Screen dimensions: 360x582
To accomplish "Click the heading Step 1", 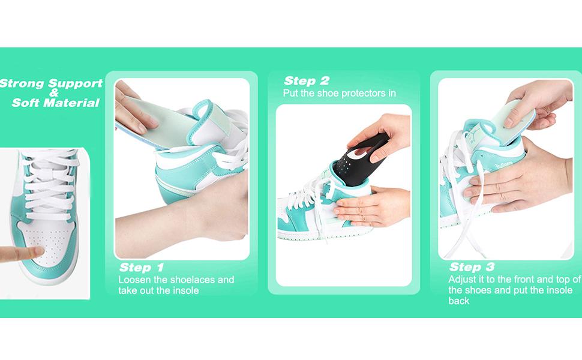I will [x=142, y=268].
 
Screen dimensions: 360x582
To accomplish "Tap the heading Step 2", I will [x=307, y=81].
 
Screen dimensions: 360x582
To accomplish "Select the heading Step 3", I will [x=472, y=268].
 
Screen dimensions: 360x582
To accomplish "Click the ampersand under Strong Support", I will [x=53, y=93].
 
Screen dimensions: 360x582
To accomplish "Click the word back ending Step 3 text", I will [x=458, y=301].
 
